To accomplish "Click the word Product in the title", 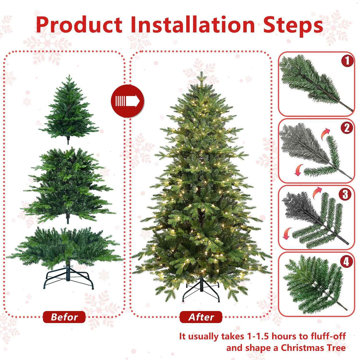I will [79, 25].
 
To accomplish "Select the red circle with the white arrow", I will [127, 101].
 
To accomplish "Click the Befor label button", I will [64, 317].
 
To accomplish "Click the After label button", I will [201, 317].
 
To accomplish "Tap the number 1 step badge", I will [347, 62].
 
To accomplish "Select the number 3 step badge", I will [347, 194].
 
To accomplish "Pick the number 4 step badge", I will [347, 261].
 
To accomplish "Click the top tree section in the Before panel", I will [69, 109].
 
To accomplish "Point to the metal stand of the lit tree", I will [201, 290].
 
